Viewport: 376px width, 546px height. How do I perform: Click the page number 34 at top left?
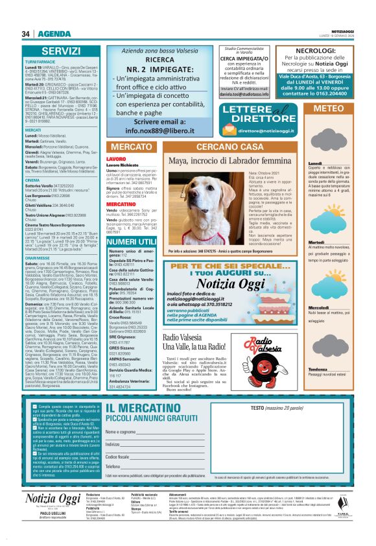(27, 34)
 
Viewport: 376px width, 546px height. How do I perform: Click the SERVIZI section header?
(62, 51)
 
